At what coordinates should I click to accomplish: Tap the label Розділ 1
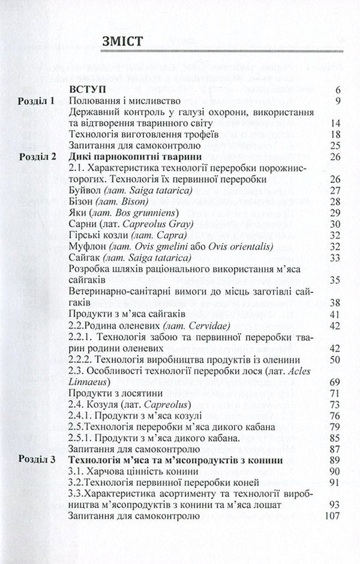(35, 101)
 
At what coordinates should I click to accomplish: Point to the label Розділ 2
(35, 157)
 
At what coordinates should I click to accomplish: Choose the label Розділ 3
(35, 460)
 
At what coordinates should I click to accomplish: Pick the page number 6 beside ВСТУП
(338, 89)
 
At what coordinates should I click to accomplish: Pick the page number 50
(335, 359)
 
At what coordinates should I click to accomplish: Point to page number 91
(335, 482)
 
